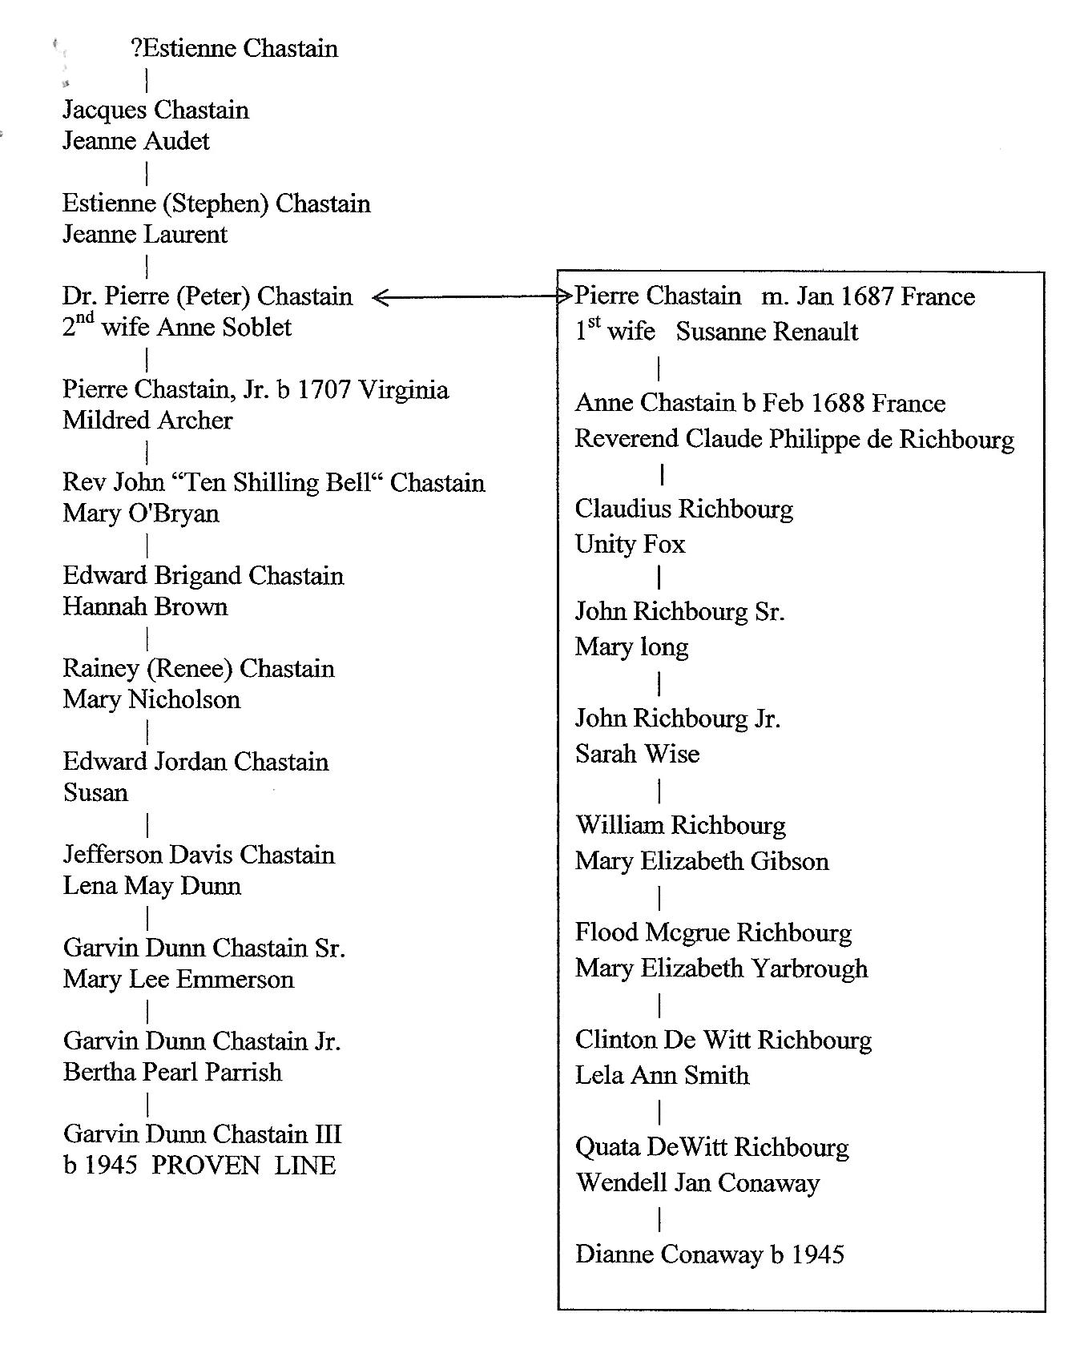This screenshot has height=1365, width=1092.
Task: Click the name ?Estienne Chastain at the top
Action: tap(234, 49)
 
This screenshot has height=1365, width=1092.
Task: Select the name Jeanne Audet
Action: tap(136, 142)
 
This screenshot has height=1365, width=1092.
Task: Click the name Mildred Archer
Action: tap(147, 421)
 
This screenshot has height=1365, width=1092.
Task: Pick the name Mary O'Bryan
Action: tap(141, 513)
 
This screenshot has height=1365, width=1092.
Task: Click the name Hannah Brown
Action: tap(145, 607)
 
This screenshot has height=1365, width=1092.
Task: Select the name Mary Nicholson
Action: tap(151, 700)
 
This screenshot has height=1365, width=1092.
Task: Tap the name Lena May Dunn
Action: tap(152, 886)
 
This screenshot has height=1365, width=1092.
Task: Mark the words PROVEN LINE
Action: tap(244, 1166)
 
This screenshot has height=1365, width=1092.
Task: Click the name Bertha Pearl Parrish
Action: tap(172, 1073)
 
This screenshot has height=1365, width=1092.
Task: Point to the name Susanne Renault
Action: tap(767, 332)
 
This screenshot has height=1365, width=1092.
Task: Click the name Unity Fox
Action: tap(630, 545)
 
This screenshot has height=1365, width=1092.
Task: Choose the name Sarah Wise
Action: tap(637, 754)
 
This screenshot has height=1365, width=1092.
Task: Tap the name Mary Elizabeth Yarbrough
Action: tap(721, 968)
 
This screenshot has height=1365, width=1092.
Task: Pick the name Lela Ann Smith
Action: tap(662, 1075)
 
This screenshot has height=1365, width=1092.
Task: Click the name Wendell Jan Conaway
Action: tap(697, 1183)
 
